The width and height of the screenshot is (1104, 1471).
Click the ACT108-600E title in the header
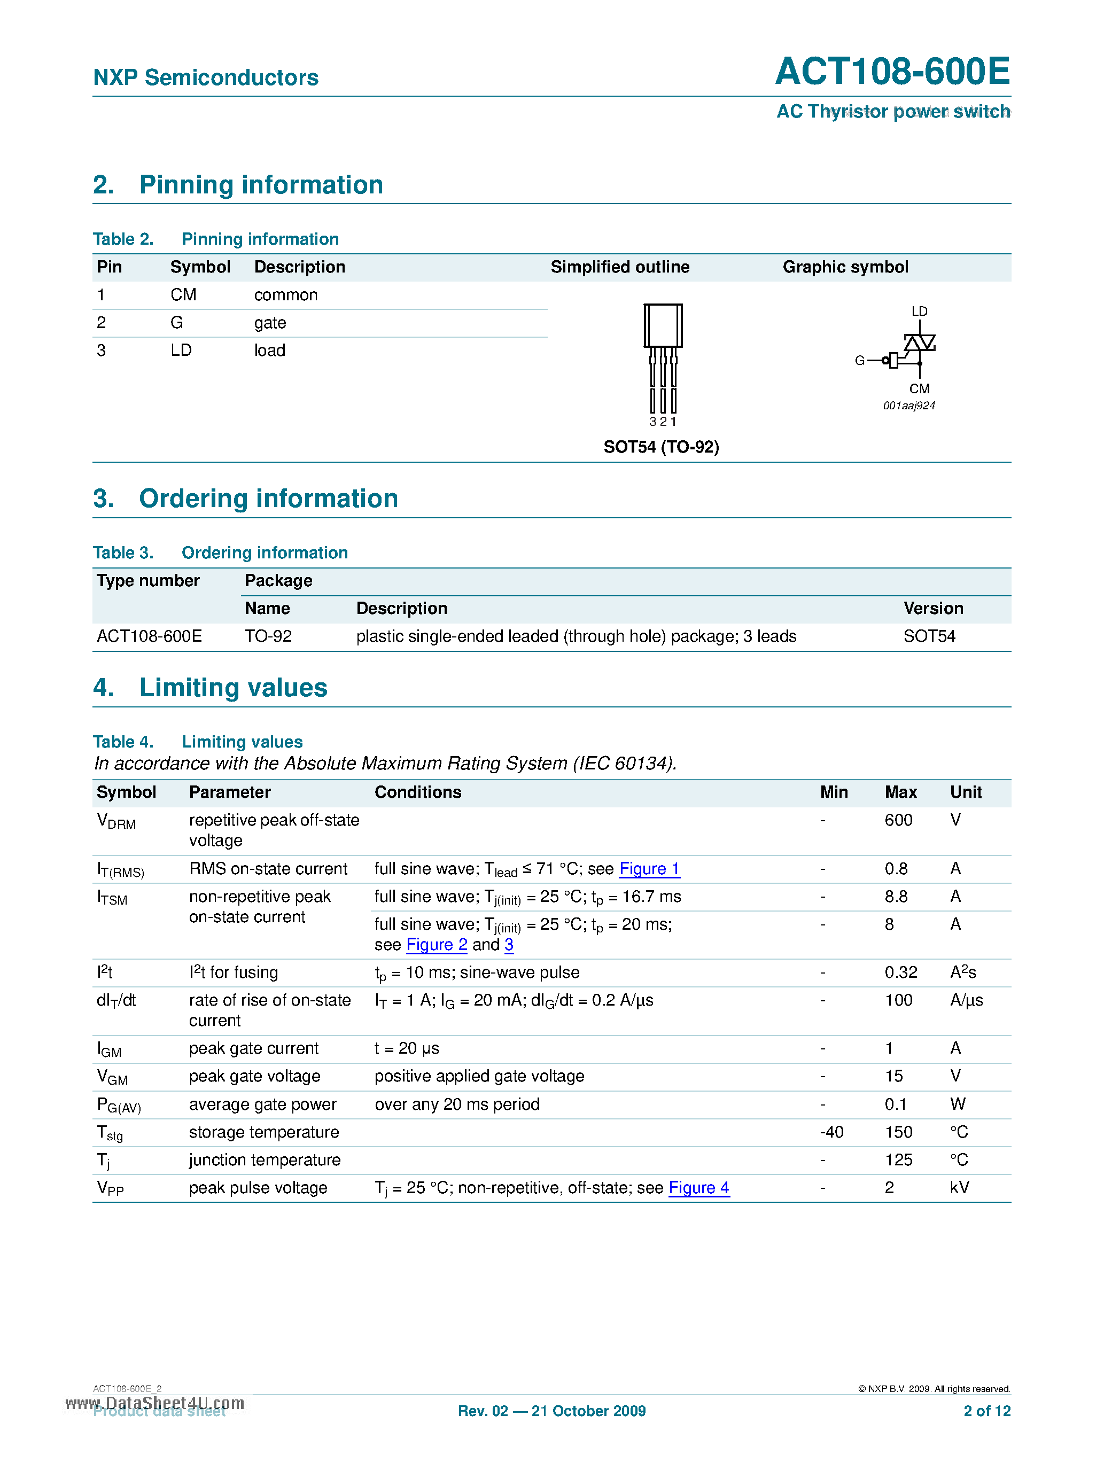click(892, 71)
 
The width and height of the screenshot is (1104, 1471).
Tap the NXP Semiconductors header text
click(206, 78)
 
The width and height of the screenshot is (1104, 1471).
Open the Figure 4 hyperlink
click(698, 1188)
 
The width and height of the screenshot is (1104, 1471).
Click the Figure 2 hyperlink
click(436, 945)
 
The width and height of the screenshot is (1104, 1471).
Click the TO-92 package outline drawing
click(663, 359)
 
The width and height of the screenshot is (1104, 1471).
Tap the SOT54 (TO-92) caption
click(661, 447)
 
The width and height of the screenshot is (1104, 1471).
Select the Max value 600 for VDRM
click(898, 820)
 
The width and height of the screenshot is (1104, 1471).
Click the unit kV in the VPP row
click(959, 1188)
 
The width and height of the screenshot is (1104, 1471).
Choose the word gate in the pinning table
click(270, 323)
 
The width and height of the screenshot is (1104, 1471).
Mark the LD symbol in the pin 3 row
click(181, 351)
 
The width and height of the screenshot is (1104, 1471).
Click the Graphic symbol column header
click(845, 267)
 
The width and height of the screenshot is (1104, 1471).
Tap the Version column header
click(933, 609)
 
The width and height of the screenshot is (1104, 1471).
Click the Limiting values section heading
click(233, 688)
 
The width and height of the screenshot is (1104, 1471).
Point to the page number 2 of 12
click(987, 1411)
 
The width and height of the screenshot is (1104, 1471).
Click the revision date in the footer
click(551, 1411)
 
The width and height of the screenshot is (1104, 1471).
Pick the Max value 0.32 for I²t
click(900, 973)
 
